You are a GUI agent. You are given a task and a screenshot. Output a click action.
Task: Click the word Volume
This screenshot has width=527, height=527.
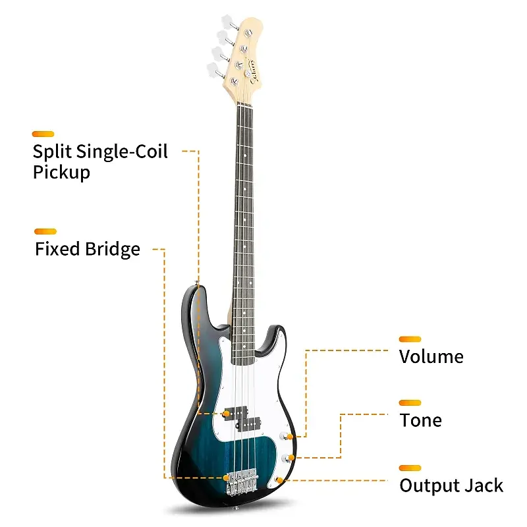pyautogui.click(x=431, y=357)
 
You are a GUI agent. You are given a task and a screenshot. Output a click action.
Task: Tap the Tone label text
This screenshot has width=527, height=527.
pyautogui.click(x=420, y=420)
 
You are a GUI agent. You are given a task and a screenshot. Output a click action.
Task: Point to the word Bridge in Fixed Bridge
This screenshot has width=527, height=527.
pyautogui.click(x=113, y=249)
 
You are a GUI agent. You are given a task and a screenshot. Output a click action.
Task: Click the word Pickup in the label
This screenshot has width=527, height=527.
pyautogui.click(x=61, y=173)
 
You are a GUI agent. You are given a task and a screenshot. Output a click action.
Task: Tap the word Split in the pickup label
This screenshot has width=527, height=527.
pyautogui.click(x=53, y=152)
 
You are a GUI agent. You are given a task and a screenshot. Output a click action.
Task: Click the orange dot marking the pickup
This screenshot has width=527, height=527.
pyautogui.click(x=227, y=413)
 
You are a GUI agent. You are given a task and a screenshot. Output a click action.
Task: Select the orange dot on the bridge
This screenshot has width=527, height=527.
pyautogui.click(x=227, y=476)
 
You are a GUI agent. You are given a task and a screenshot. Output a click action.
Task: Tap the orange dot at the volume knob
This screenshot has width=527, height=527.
pyautogui.click(x=291, y=437)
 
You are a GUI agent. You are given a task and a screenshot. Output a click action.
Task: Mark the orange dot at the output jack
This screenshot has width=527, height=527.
pyautogui.click(x=281, y=480)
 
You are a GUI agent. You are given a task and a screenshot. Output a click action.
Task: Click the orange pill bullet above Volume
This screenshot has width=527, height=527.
pyautogui.click(x=410, y=339)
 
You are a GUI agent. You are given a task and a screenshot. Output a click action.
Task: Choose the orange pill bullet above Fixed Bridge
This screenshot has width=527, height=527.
pyautogui.click(x=45, y=231)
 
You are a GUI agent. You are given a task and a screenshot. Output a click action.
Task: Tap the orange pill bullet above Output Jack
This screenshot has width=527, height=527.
pyautogui.click(x=410, y=468)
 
